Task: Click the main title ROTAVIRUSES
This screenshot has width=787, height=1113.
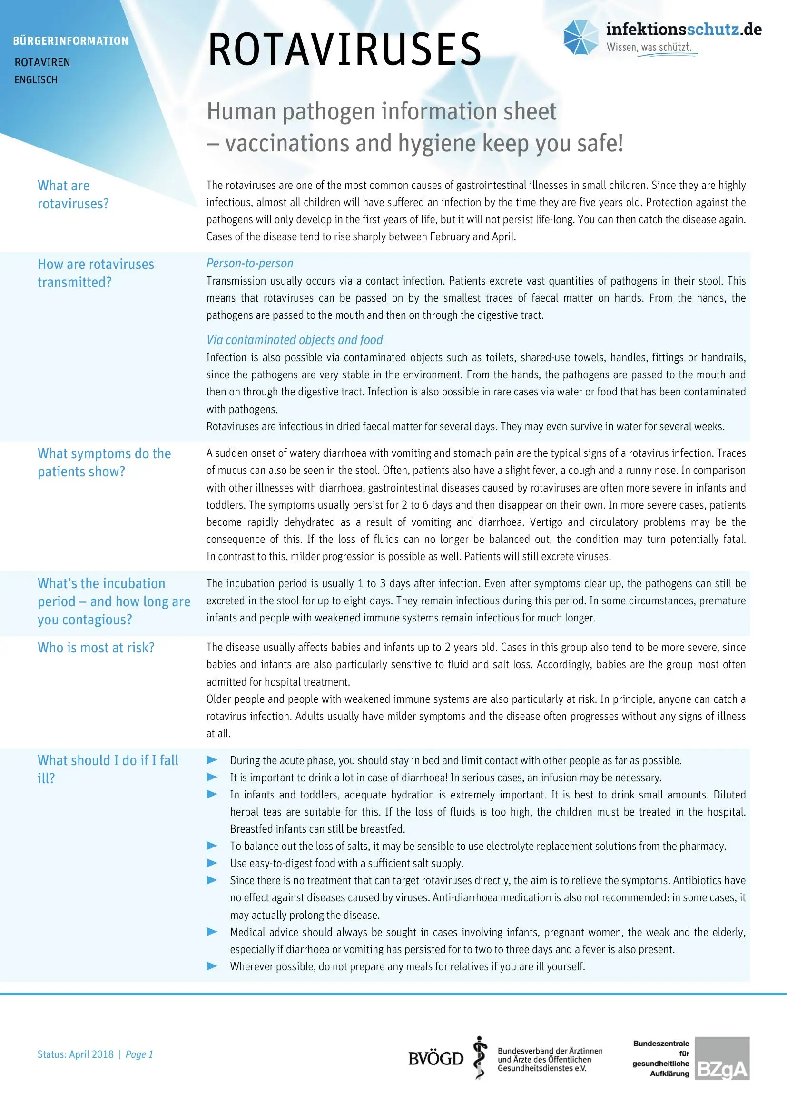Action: (x=344, y=49)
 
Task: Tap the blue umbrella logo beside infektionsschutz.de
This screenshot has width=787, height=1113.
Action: (x=580, y=37)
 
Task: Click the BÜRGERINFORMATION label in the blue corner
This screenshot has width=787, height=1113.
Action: (x=71, y=41)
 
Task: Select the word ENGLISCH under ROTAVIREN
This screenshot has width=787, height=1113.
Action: (x=36, y=80)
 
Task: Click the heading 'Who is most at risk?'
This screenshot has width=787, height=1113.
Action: (x=96, y=648)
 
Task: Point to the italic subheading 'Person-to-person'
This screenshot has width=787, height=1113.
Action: (x=250, y=263)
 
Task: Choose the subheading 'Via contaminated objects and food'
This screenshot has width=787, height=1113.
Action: (x=294, y=340)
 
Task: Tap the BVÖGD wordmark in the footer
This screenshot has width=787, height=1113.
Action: (x=436, y=1059)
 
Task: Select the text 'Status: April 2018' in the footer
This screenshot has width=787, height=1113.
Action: (x=75, y=1054)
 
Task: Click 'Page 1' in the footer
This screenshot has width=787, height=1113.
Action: (x=139, y=1054)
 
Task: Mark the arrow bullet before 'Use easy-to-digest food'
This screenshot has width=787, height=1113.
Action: (x=212, y=863)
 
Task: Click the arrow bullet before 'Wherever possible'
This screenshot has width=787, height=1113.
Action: (x=212, y=966)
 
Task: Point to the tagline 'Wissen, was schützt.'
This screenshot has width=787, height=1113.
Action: (x=649, y=48)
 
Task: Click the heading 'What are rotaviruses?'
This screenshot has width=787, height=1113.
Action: (x=73, y=195)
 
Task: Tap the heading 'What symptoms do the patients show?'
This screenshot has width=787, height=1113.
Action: (x=104, y=463)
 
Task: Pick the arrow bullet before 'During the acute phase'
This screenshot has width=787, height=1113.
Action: (x=212, y=759)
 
